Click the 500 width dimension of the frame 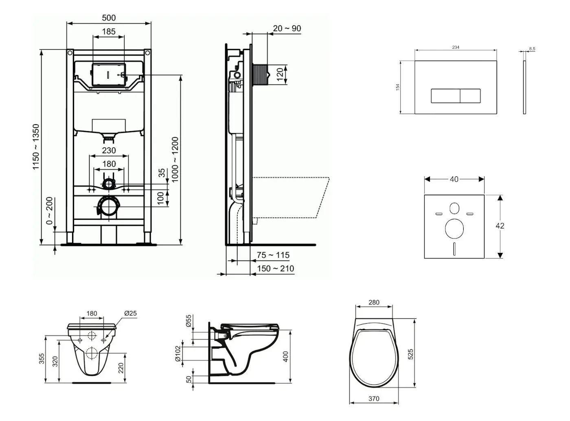pyautogui.click(x=109, y=18)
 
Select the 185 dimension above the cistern pyautogui.click(x=109, y=32)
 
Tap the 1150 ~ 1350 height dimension pyautogui.click(x=36, y=147)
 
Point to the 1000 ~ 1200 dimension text pyautogui.click(x=175, y=160)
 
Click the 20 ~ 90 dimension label pyautogui.click(x=287, y=29)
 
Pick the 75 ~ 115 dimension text pyautogui.click(x=273, y=255)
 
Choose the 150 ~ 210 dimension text pyautogui.click(x=276, y=269)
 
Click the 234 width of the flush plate pyautogui.click(x=456, y=47)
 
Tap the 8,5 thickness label pyautogui.click(x=532, y=49)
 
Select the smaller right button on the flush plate pyautogui.click(x=470, y=96)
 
